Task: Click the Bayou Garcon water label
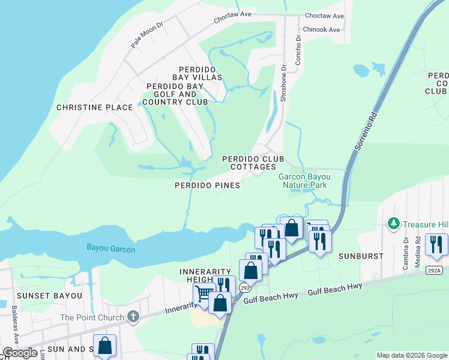click(110, 248)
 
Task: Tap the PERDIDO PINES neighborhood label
click(208, 185)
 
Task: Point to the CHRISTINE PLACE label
click(94, 107)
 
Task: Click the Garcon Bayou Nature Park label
click(303, 181)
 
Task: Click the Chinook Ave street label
click(322, 29)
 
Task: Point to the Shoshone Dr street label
click(285, 83)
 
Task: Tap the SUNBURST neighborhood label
click(363, 256)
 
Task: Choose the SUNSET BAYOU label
click(41, 296)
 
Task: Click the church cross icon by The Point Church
click(133, 317)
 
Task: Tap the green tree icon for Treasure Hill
click(394, 224)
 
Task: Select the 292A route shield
click(435, 271)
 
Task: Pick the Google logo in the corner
click(20, 353)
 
